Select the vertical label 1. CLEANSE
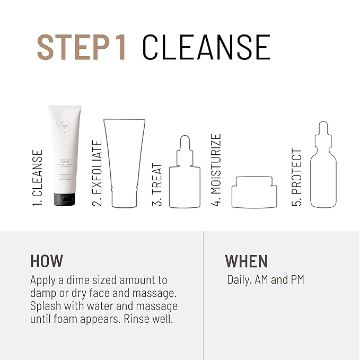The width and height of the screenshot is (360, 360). [38, 178]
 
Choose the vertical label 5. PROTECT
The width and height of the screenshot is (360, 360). [297, 178]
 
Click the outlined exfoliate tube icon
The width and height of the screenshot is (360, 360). [125, 162]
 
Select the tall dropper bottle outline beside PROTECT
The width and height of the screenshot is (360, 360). [323, 167]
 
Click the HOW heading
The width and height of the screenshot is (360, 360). [47, 261]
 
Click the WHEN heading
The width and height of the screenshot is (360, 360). [247, 261]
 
